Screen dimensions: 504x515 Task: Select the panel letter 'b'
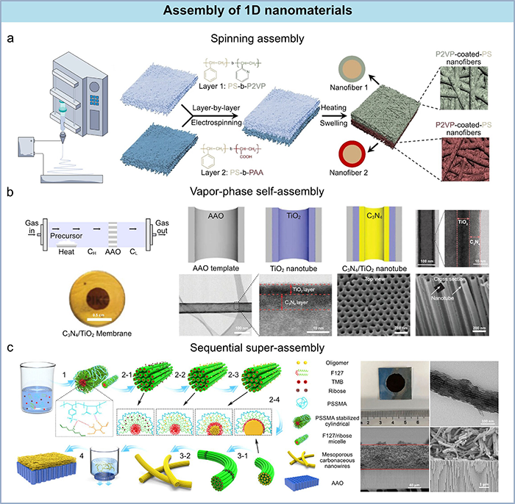pyautogui.click(x=9, y=194)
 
